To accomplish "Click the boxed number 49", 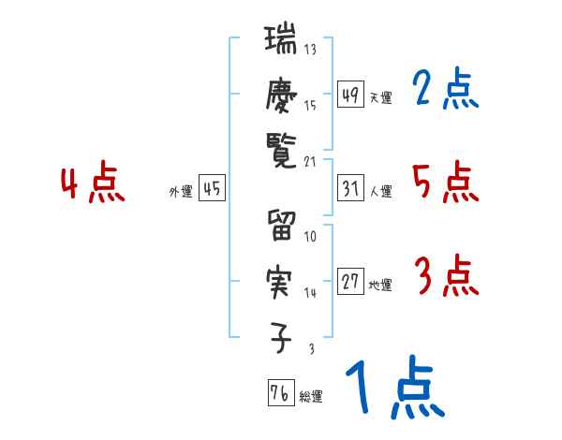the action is [351, 94].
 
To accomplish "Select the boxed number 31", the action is [351, 188].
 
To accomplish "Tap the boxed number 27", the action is [351, 282].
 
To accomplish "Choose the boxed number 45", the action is [212, 189].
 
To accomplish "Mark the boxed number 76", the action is [279, 392].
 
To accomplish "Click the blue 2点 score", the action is [445, 89].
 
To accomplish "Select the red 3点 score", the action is [445, 276].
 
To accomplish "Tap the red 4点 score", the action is [91, 183].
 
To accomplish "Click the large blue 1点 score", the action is [393, 389].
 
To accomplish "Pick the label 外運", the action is [180, 192].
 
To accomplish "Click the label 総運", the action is [311, 397].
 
